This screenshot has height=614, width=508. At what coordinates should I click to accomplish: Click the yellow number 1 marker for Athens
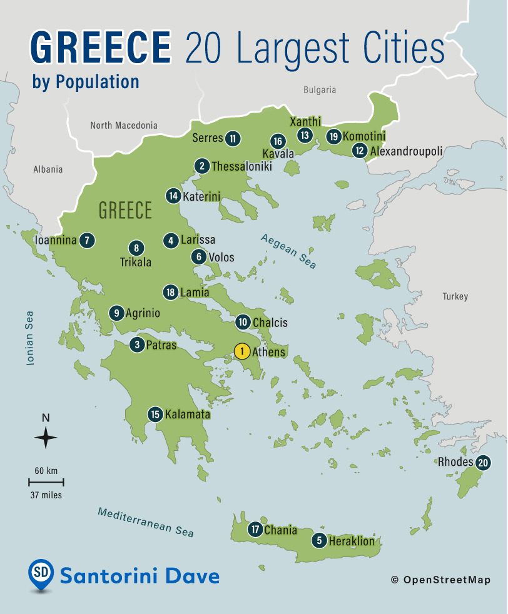pos(241,351)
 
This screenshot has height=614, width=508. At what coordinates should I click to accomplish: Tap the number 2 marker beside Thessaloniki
pos(201,166)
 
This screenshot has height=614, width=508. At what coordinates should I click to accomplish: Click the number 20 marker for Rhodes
pos(482,463)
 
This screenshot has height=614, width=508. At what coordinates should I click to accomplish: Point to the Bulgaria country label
pos(320,90)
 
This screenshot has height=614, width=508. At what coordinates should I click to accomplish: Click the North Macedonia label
pos(124,126)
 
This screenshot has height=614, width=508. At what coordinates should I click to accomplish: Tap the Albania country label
pos(48,169)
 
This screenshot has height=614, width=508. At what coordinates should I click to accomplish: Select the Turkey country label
pos(455,296)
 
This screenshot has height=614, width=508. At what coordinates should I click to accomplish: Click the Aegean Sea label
pos(288,251)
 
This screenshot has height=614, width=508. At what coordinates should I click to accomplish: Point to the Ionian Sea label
pos(29,338)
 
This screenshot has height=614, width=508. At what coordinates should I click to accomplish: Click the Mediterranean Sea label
pos(146,522)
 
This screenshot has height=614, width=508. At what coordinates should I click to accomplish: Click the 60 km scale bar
pos(46,482)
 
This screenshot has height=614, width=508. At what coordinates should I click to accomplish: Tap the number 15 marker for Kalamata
pos(155,414)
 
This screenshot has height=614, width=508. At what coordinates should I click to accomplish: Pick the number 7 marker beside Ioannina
pos(88,240)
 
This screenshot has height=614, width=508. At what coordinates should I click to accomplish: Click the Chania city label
pos(280,530)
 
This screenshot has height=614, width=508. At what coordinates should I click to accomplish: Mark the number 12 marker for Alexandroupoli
pos(359,151)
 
